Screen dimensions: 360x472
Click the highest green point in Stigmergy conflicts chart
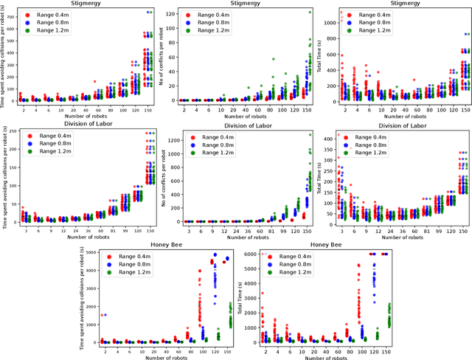click(x=310, y=12)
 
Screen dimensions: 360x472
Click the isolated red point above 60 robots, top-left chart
click(x=94, y=81)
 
